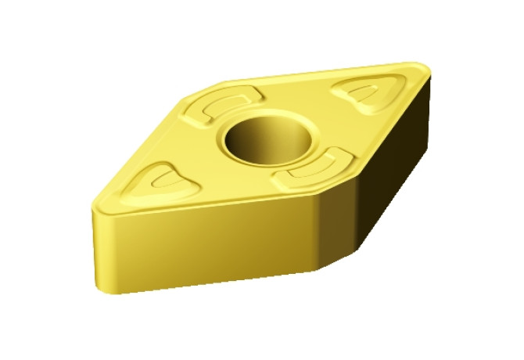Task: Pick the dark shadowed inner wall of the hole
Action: (x=242, y=139)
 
